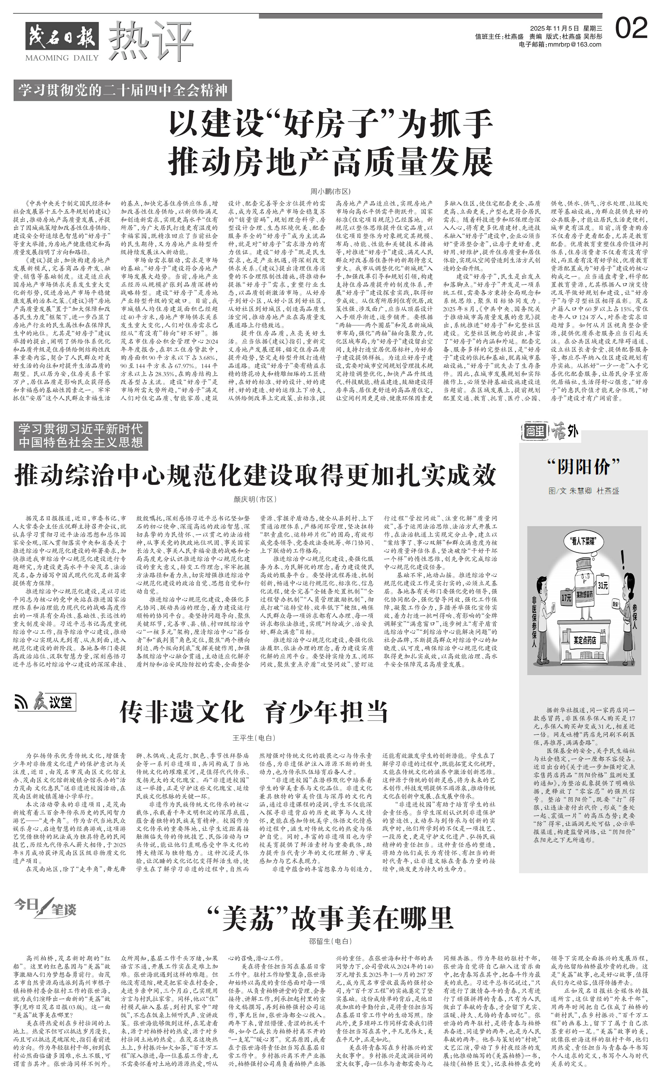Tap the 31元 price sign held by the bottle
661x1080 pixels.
[603, 585]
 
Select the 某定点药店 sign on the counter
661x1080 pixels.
[585, 640]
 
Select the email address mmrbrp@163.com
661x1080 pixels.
[560, 44]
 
